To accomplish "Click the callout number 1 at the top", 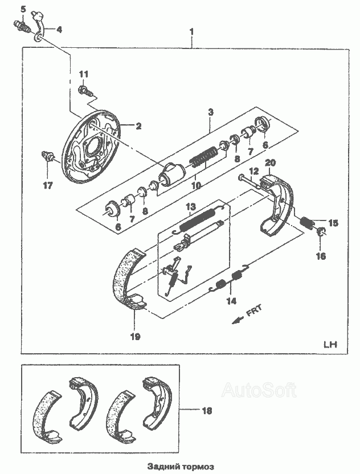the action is [x=191, y=32].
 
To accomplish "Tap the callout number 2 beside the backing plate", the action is [x=138, y=126].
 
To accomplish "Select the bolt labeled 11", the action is [x=85, y=91].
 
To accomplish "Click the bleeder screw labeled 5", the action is [x=21, y=26].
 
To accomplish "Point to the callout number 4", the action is [x=59, y=30].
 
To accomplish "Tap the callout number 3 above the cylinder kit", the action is [x=211, y=112].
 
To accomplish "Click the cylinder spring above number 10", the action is [x=203, y=156].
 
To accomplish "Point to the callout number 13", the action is [x=191, y=207].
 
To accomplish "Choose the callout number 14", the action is [x=231, y=301].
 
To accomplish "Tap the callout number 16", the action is [x=321, y=256].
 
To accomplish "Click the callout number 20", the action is [x=270, y=163].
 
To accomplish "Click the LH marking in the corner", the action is [x=330, y=344].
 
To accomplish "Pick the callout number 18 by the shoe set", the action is [x=207, y=411].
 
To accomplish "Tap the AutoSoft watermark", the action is [x=259, y=390].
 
